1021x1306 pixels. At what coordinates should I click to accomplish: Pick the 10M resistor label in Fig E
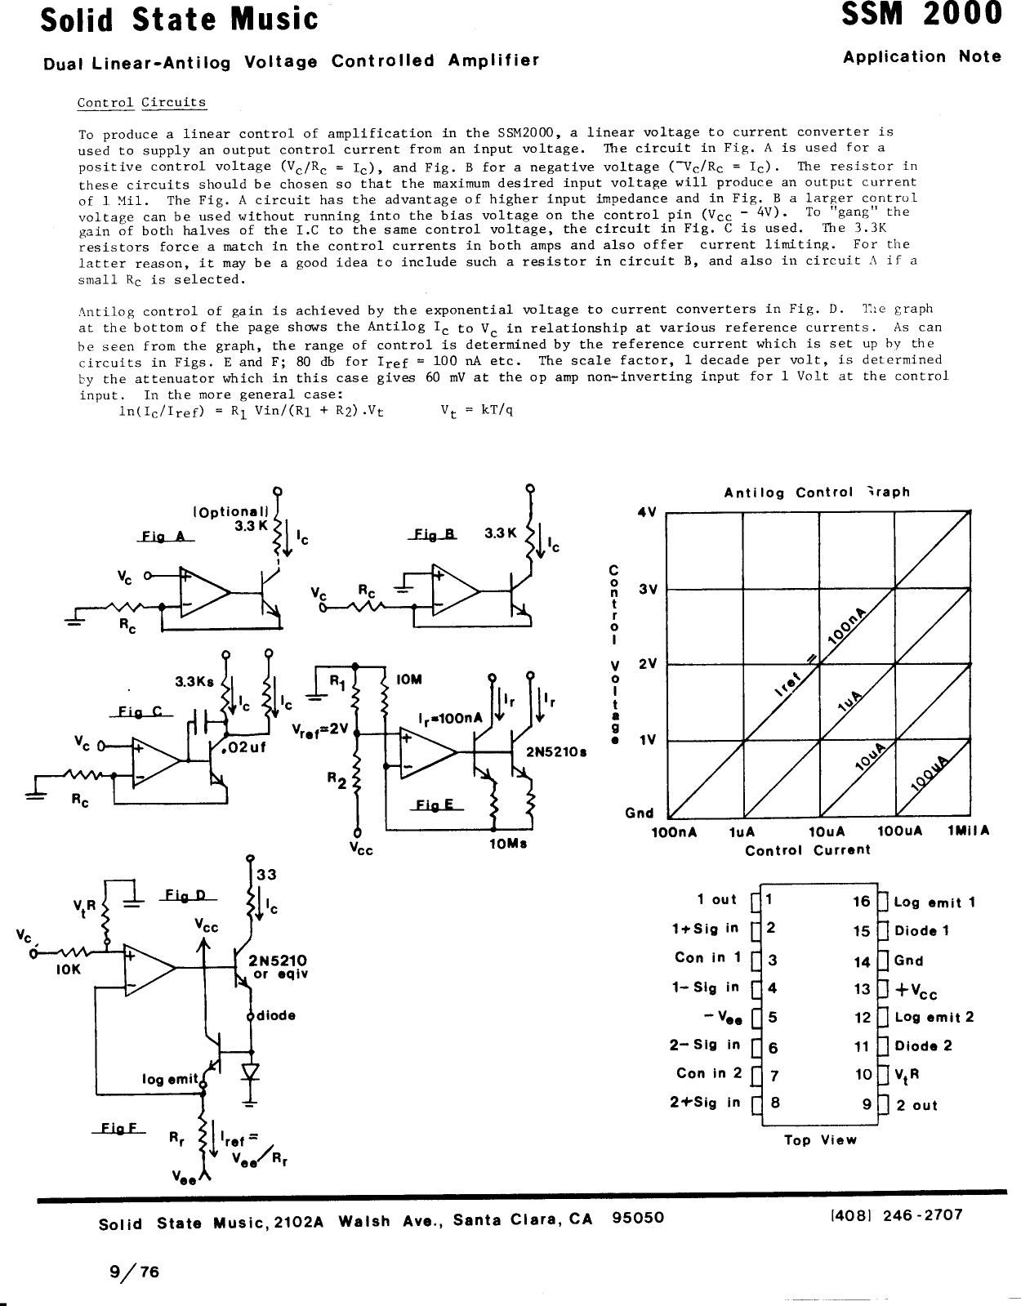pyautogui.click(x=408, y=679)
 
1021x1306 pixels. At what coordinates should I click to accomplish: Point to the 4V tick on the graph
pyautogui.click(x=647, y=513)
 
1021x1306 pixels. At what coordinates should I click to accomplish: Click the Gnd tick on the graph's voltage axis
pyautogui.click(x=639, y=813)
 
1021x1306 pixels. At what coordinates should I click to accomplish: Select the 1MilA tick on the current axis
pyautogui.click(x=968, y=831)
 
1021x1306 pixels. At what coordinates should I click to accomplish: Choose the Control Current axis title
pyautogui.click(x=807, y=850)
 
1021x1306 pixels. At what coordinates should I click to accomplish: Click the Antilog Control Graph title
pyautogui.click(x=816, y=493)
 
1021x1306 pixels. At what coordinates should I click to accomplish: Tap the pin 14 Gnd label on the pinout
pyautogui.click(x=908, y=961)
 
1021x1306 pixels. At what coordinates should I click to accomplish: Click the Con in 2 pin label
pyautogui.click(x=708, y=1073)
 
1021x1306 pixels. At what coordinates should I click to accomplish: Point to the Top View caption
pyautogui.click(x=820, y=1140)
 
